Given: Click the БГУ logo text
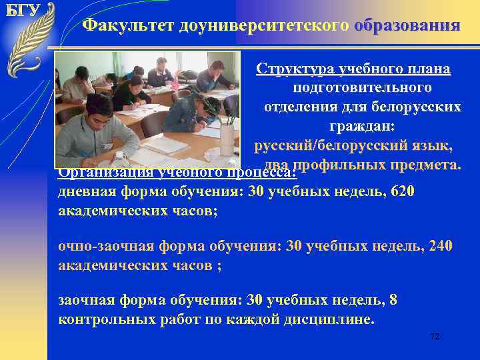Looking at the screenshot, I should [x=24, y=11].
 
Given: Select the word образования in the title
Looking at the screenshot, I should [x=407, y=25].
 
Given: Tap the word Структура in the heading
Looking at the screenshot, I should [x=292, y=70].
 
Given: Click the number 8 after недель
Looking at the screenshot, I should [x=393, y=300].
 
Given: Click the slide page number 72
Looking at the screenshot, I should [x=435, y=337].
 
